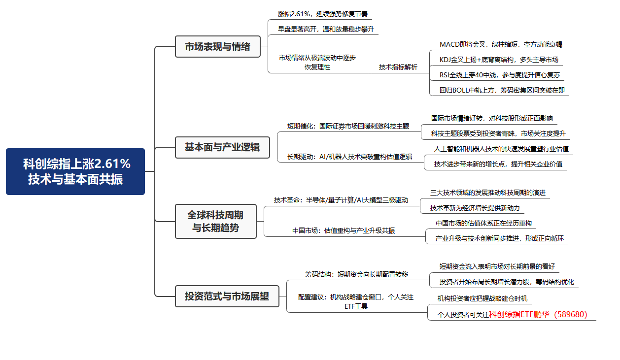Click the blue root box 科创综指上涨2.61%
click(75, 171)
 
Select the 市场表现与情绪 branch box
click(218, 46)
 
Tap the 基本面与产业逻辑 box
click(223, 147)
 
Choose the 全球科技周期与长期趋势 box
click(216, 221)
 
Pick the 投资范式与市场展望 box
click(227, 296)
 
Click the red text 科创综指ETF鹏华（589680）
click(538, 314)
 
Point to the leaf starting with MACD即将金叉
click(501, 44)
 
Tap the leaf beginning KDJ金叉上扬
click(499, 60)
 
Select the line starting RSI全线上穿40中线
click(500, 75)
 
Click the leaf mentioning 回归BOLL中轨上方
click(502, 90)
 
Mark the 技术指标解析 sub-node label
click(398, 67)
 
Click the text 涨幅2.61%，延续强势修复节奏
click(323, 14)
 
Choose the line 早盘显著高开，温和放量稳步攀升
click(326, 29)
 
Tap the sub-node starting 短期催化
click(348, 126)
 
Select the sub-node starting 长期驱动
click(349, 157)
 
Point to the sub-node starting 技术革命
click(341, 200)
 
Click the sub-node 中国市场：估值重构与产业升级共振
click(344, 230)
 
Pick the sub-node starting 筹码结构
click(356, 274)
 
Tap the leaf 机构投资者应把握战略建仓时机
click(482, 298)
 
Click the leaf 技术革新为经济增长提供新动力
click(475, 208)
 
